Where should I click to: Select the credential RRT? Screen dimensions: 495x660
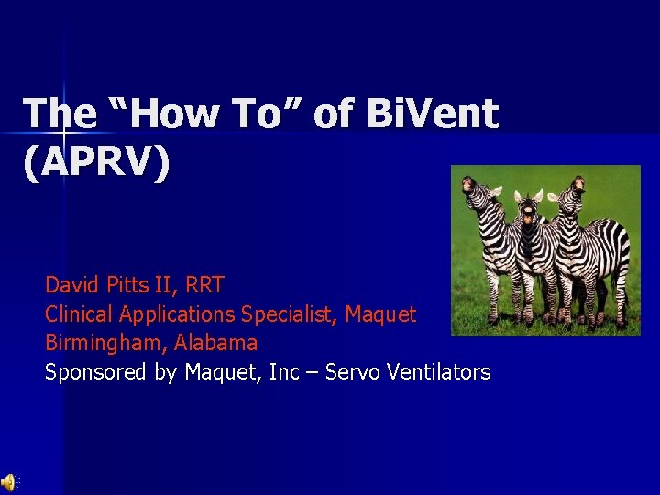tap(199, 285)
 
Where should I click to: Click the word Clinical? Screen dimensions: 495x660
tap(79, 314)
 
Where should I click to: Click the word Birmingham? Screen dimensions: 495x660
tap(99, 344)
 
